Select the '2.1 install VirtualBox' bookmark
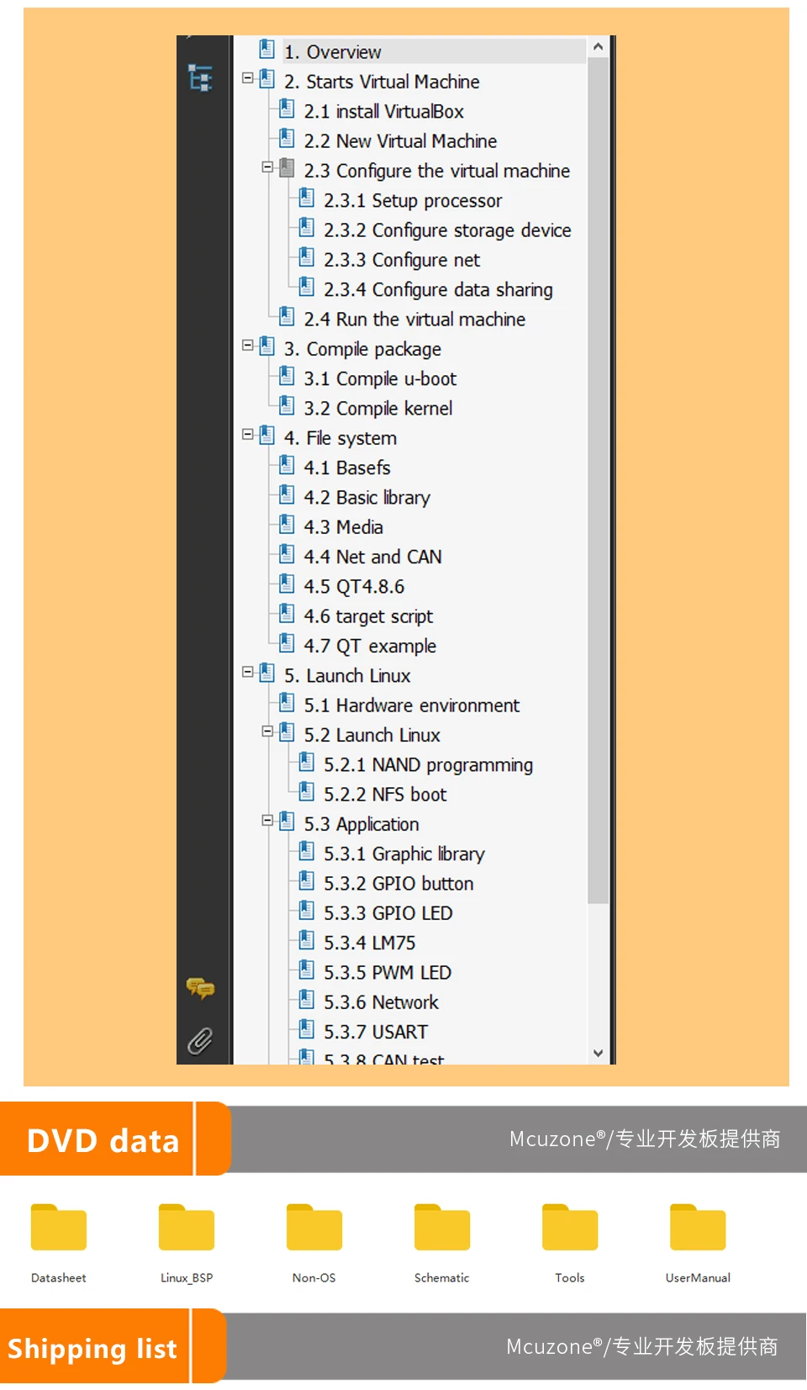point(383,112)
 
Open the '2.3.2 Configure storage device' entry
point(446,230)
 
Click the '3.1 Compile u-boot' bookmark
point(380,379)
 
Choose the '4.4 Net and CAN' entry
point(372,558)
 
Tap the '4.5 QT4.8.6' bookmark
point(354,587)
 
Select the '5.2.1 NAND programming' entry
point(428,765)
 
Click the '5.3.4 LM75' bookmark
point(369,943)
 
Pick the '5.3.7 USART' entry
point(376,1033)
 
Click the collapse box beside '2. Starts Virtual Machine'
point(248,77)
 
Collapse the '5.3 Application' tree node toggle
point(267,820)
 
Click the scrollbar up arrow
point(598,47)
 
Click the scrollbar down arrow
point(598,1053)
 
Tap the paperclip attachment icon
point(200,1041)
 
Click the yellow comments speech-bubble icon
point(200,988)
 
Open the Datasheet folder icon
point(59,1229)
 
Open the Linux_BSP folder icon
point(187,1229)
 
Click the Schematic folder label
point(441,1278)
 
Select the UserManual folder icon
point(698,1229)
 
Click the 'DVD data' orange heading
point(103,1141)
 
